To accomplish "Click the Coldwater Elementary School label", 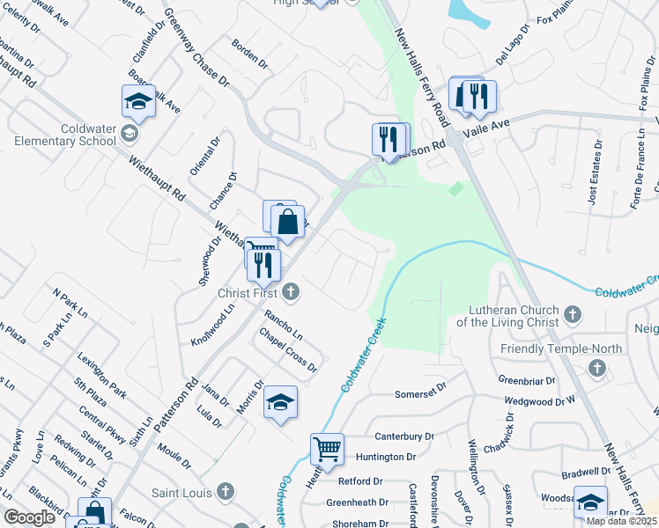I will [x=88, y=135].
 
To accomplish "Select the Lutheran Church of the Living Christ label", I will [x=507, y=316].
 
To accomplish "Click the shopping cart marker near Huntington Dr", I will [x=327, y=449].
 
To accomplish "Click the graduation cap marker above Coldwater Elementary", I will [x=138, y=101].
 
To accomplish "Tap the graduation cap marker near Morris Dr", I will [x=280, y=402].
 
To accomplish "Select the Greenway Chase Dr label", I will [x=196, y=48].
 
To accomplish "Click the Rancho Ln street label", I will [x=284, y=324].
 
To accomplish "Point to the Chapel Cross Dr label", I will [x=287, y=350].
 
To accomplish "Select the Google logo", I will [x=30, y=517].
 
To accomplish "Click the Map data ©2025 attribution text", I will [x=621, y=521].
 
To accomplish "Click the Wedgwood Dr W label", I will [x=539, y=401].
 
